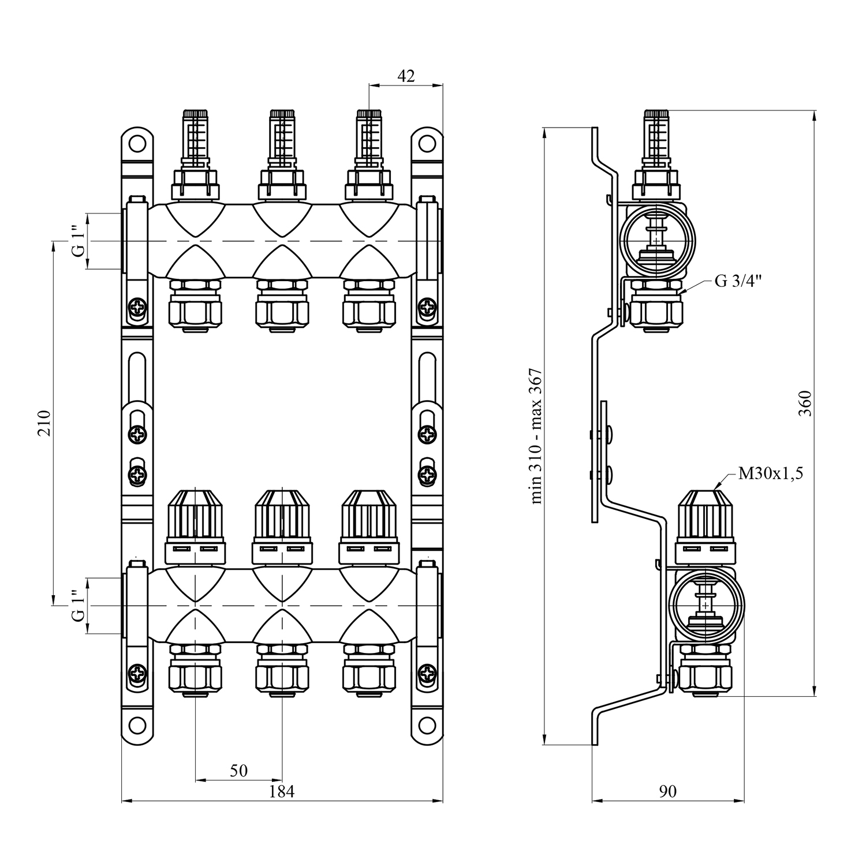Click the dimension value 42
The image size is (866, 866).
coord(406,76)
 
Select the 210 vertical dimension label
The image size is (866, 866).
coord(45,423)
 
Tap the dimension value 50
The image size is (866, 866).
coord(238,770)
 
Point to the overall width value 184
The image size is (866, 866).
coord(282,792)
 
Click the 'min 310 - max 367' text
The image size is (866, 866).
coord(536,436)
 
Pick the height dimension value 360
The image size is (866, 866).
coord(805,403)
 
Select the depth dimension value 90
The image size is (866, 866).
coord(667,792)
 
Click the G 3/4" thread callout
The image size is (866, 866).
coord(738,281)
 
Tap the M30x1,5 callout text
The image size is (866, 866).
coord(771,474)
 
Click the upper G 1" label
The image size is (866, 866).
coord(79,241)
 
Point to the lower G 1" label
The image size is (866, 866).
coord(79,606)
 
